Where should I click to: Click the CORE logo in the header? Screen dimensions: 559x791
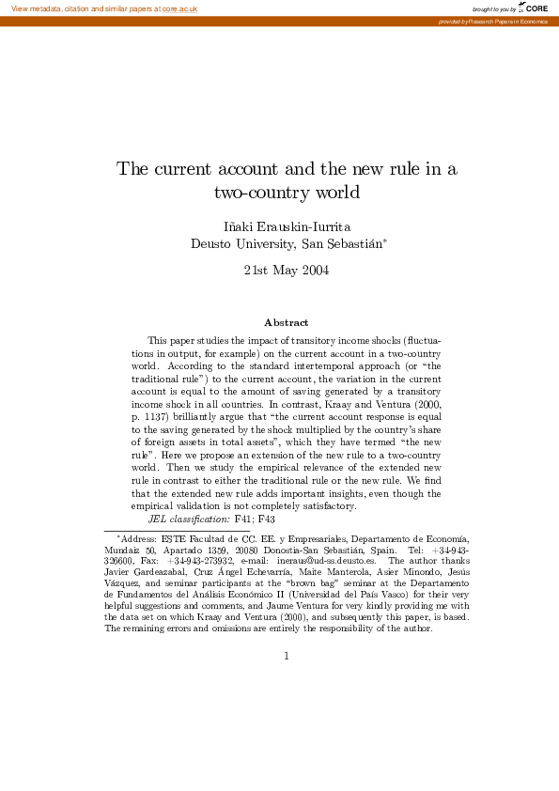point(535,8)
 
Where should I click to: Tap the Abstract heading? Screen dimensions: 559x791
point(286,322)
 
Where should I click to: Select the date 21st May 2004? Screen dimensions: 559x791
point(286,271)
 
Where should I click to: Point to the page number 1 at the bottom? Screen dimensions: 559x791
point(287,656)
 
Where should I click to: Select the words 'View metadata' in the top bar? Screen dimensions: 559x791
point(34,8)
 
